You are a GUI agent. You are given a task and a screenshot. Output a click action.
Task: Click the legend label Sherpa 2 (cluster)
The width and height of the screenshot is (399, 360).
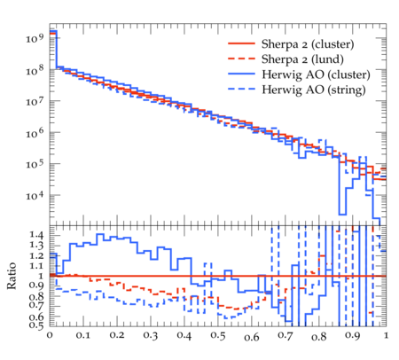pyautogui.click(x=308, y=44)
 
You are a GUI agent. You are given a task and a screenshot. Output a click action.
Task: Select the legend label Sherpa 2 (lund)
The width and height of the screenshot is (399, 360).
pyautogui.click(x=302, y=59)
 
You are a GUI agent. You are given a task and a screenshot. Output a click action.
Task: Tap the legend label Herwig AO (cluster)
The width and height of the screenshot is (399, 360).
pyautogui.click(x=316, y=74)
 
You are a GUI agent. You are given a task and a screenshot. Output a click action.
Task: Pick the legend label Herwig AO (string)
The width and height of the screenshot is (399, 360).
pyautogui.click(x=314, y=90)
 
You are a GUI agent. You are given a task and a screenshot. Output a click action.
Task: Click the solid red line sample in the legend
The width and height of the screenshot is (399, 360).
pyautogui.click(x=241, y=43)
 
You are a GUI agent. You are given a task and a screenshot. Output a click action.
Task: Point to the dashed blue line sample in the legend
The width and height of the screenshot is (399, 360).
pyautogui.click(x=241, y=89)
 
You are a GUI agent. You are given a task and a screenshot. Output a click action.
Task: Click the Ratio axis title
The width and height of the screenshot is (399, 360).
pyautogui.click(x=12, y=276)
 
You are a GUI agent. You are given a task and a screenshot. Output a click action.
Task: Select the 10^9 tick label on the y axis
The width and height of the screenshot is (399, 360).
pyautogui.click(x=35, y=37)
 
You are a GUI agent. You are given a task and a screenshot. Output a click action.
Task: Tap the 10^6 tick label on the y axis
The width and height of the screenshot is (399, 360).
pyautogui.click(x=35, y=132)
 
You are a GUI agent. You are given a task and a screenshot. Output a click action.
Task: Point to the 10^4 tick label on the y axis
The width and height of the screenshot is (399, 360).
pyautogui.click(x=35, y=195)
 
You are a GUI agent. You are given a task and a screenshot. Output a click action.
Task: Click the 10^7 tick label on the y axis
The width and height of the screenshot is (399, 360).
pyautogui.click(x=35, y=100)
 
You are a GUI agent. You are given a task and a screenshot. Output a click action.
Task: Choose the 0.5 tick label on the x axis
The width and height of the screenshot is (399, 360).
pyautogui.click(x=218, y=336)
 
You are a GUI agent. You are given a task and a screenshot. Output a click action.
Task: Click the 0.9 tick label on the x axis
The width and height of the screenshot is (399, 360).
pyautogui.click(x=353, y=336)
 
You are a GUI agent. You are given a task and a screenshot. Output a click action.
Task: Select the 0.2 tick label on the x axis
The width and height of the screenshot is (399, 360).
pyautogui.click(x=117, y=335)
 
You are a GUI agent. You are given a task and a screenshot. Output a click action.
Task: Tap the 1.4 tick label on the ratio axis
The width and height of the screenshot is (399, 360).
pyautogui.click(x=36, y=235)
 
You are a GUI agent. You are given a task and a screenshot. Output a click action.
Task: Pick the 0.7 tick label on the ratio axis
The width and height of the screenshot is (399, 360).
pyautogui.click(x=36, y=306)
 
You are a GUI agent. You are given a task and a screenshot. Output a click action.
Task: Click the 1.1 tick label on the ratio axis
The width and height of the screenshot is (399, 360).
pyautogui.click(x=36, y=266)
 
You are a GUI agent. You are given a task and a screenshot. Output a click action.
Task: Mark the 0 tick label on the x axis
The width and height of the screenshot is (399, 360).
pyautogui.click(x=50, y=335)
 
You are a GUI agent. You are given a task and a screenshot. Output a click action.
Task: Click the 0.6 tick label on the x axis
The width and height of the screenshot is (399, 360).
pyautogui.click(x=252, y=337)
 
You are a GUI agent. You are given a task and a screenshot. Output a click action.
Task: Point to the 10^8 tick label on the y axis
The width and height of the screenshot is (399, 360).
pyautogui.click(x=35, y=69)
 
